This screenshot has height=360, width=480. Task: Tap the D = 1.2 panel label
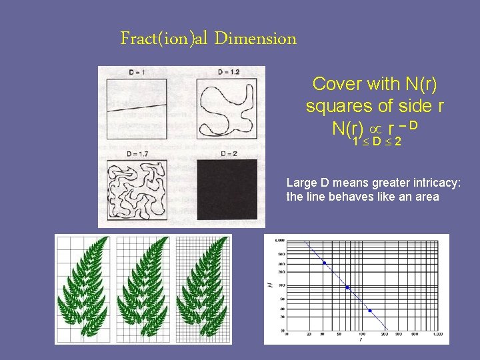point(229,72)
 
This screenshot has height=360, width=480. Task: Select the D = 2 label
point(227,154)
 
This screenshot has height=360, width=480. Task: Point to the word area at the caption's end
point(427,197)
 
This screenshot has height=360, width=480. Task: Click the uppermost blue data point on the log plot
point(325,263)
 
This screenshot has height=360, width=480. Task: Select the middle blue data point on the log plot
point(348,287)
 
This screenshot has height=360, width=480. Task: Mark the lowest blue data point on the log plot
point(370,311)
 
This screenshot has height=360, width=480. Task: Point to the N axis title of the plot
point(269,285)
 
